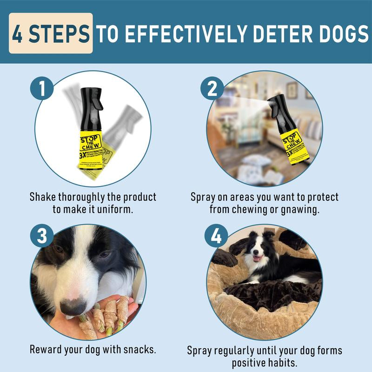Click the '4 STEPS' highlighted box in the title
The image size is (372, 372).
click(x=51, y=33)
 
